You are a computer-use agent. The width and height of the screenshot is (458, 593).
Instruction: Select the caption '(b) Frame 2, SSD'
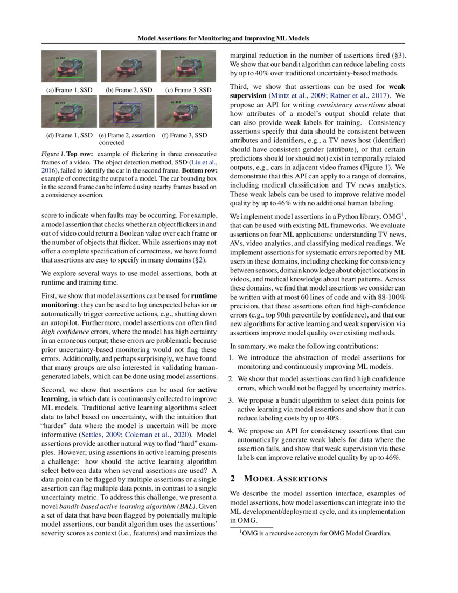click(128, 90)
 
